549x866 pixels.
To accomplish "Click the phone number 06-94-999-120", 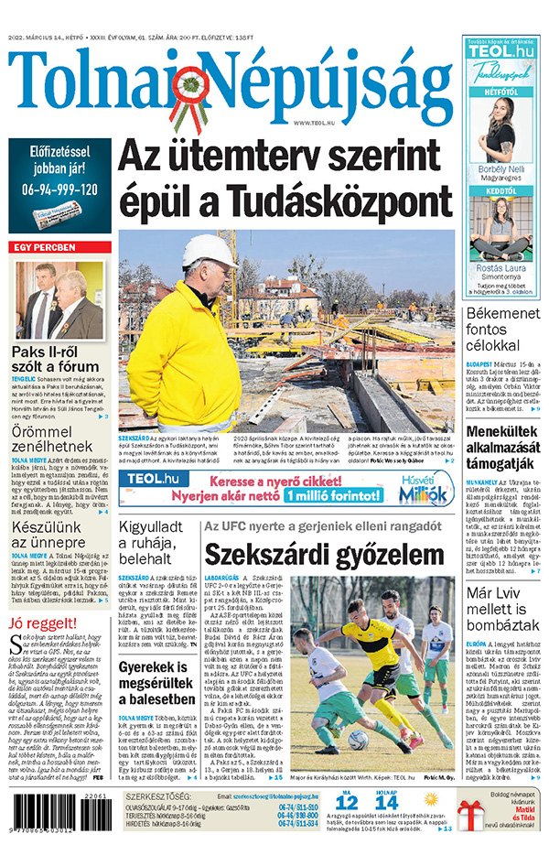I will [x=60, y=190].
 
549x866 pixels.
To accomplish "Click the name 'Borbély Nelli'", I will [x=501, y=170].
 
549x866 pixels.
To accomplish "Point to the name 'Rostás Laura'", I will [x=501, y=268].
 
